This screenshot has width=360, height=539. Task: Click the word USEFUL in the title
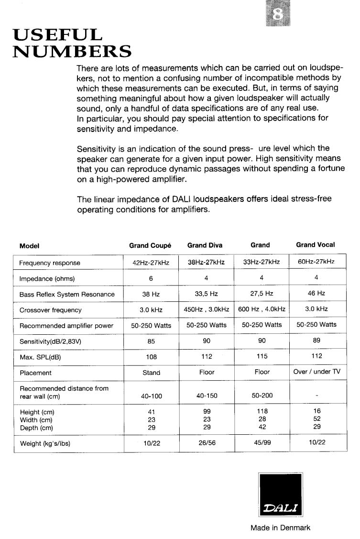(57, 34)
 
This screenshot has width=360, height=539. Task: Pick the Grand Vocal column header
(315, 245)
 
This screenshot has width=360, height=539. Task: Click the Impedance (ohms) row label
(47, 279)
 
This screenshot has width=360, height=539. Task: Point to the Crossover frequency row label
(50, 310)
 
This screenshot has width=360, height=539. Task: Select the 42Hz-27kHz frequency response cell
(151, 263)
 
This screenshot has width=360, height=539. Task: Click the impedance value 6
(151, 278)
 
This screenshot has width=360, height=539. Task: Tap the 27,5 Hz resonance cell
(262, 294)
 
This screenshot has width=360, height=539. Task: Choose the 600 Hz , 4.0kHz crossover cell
(262, 309)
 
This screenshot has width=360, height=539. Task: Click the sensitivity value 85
(151, 341)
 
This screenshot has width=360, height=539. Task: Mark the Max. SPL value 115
(262, 356)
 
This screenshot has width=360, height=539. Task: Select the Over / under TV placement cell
(316, 372)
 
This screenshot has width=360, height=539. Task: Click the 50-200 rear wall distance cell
(262, 396)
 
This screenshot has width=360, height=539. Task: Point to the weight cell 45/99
(262, 443)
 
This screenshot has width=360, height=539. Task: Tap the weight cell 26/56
(207, 443)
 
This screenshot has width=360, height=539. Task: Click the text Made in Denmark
(280, 528)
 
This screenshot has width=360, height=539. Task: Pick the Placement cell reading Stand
(152, 373)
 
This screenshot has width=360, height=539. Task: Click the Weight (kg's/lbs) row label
(45, 443)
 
